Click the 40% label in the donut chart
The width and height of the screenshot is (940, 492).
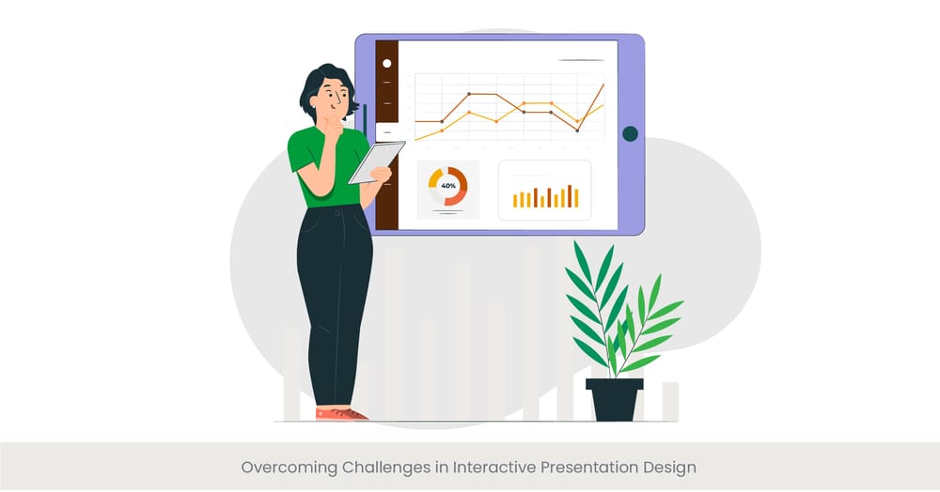(x=448, y=186)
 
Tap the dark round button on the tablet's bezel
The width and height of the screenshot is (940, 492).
(x=630, y=134)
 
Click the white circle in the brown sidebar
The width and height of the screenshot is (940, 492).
(x=386, y=63)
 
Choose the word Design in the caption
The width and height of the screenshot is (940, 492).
(x=669, y=467)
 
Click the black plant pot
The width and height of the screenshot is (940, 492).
(x=614, y=398)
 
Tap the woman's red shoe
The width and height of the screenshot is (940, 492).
(x=339, y=413)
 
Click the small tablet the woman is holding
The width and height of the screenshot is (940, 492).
(x=376, y=161)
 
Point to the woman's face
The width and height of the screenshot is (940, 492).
(x=333, y=94)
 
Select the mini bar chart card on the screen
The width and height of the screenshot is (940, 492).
(x=544, y=190)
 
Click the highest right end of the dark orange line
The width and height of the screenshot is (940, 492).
(x=603, y=85)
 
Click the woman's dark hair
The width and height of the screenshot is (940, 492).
(x=320, y=79)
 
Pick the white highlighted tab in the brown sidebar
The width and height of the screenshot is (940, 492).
(x=386, y=132)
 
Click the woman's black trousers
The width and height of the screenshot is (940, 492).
(x=334, y=291)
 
